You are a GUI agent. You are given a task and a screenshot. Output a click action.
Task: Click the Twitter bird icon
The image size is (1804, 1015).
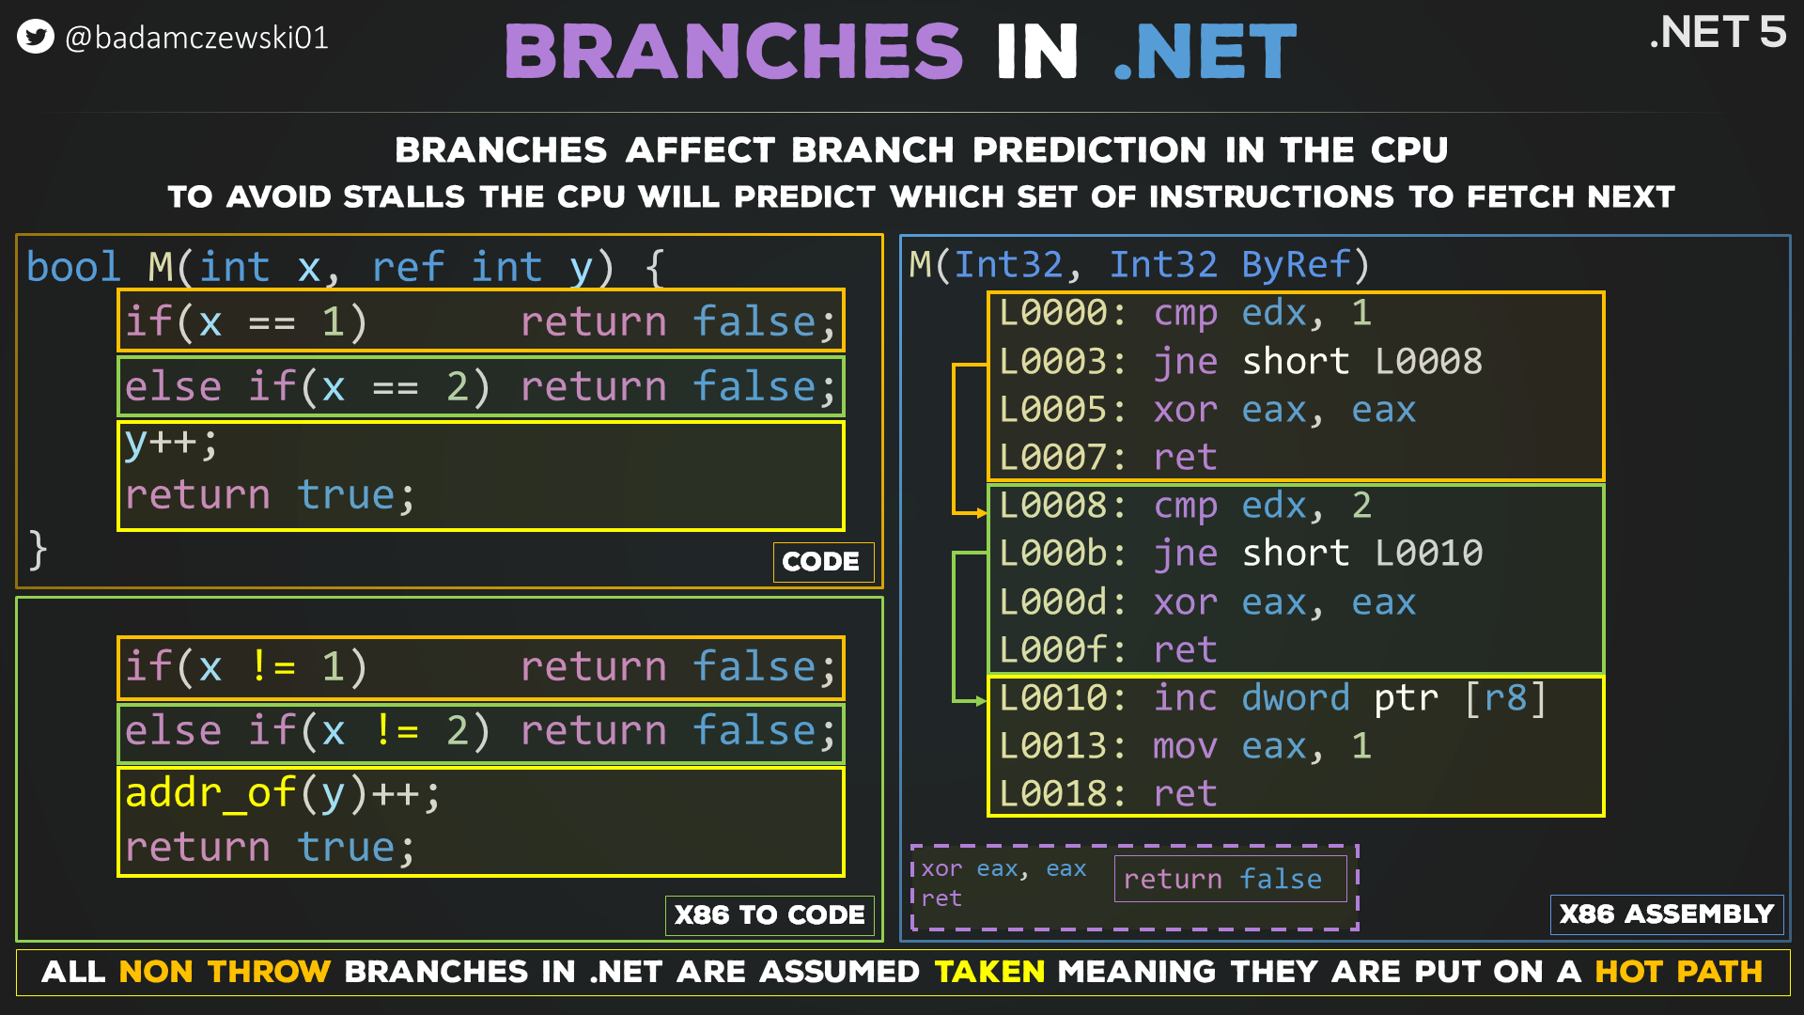(36, 37)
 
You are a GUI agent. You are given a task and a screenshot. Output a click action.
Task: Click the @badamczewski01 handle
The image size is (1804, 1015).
(196, 38)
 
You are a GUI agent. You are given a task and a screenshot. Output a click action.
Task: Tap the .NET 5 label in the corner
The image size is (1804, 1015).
(1717, 33)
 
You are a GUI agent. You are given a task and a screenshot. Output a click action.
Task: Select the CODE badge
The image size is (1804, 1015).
(821, 561)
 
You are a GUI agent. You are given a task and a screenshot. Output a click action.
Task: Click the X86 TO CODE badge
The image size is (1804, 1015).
(770, 914)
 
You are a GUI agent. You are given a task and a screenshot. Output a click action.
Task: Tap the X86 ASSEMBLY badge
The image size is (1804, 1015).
(1666, 913)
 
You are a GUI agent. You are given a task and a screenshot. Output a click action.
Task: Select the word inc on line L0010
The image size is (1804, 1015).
(1185, 698)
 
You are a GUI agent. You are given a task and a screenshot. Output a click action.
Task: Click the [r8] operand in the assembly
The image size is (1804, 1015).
(1505, 698)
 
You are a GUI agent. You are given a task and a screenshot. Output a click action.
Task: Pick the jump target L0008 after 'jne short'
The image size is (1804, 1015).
(1428, 362)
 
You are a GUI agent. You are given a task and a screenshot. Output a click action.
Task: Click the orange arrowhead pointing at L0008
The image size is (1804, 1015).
(981, 513)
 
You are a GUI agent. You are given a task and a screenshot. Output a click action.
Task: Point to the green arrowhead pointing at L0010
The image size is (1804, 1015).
(981, 701)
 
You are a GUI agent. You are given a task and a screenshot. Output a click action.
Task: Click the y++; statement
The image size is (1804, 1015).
(170, 443)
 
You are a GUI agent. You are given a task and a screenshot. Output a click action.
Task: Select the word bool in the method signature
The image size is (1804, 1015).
(73, 267)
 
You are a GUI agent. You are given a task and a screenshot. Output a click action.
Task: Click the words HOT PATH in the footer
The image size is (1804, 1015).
(1678, 971)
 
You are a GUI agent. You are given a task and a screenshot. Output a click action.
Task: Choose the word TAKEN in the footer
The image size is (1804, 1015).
(989, 971)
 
